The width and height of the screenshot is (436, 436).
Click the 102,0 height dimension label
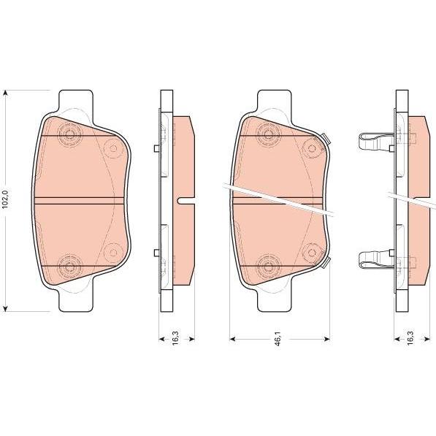6,199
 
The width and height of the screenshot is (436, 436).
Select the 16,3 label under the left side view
176,338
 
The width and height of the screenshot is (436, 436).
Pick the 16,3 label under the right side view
410,338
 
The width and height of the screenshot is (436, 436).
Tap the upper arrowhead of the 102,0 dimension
6,93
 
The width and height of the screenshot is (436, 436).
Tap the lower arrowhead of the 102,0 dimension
6,307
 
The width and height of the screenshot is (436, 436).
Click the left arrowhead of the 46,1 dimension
233,338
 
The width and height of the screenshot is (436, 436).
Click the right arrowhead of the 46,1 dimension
326,338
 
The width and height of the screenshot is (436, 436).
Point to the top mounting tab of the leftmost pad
75,101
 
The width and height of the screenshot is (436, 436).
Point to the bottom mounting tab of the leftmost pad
75,301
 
